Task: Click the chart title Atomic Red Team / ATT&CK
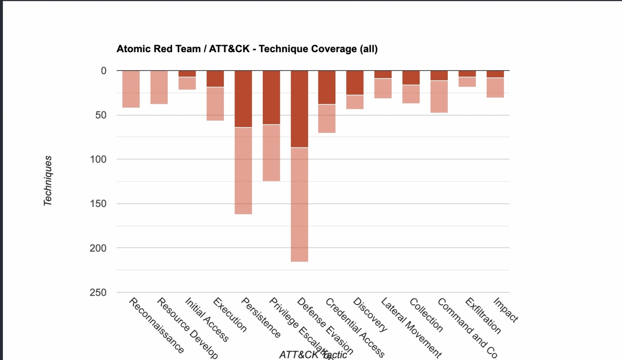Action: (247, 49)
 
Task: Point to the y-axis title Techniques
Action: (48, 181)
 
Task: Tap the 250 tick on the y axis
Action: (98, 292)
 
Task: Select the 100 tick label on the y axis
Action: (98, 159)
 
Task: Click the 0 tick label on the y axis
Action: (104, 71)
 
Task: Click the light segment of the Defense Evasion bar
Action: (299, 204)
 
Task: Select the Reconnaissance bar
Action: (131, 89)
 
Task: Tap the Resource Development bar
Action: (159, 87)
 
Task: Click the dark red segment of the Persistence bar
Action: (243, 99)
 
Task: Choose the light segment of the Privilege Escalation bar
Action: (271, 153)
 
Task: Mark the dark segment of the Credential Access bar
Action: (327, 87)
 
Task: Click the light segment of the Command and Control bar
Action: (439, 96)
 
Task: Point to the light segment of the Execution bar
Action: (215, 104)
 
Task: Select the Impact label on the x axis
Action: (506, 310)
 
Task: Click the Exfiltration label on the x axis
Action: (483, 315)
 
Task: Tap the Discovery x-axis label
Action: (370, 314)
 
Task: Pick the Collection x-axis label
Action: (426, 315)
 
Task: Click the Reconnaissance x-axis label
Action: (156, 325)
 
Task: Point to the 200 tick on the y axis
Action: (98, 248)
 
